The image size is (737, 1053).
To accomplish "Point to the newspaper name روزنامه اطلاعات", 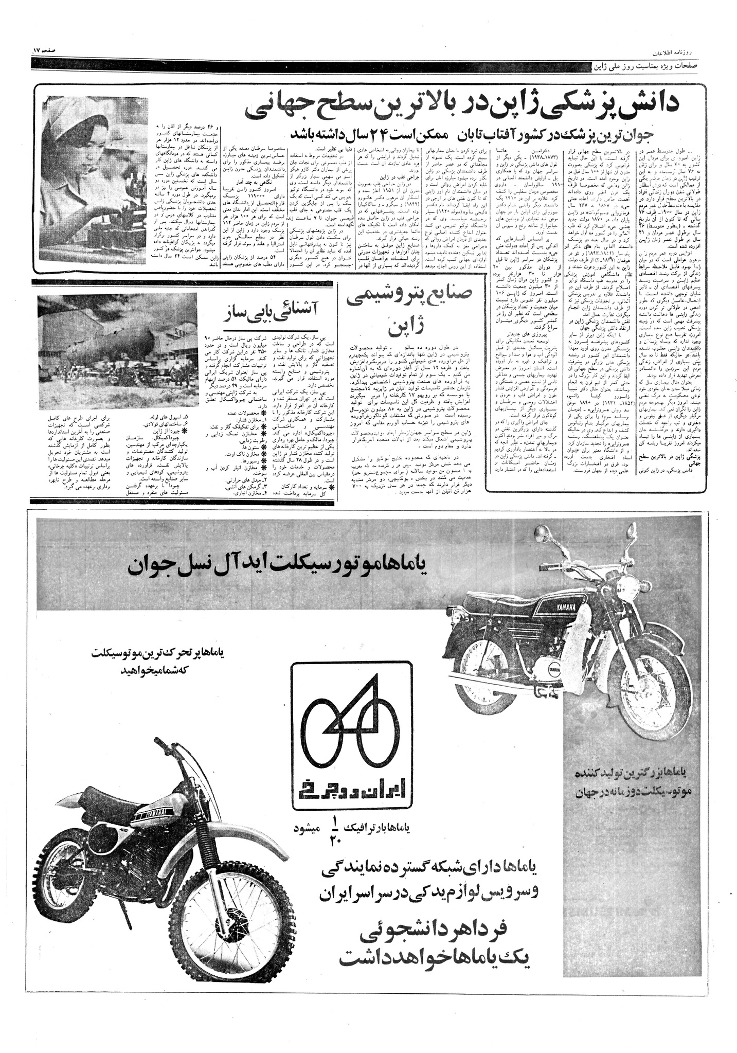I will [674, 52].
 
